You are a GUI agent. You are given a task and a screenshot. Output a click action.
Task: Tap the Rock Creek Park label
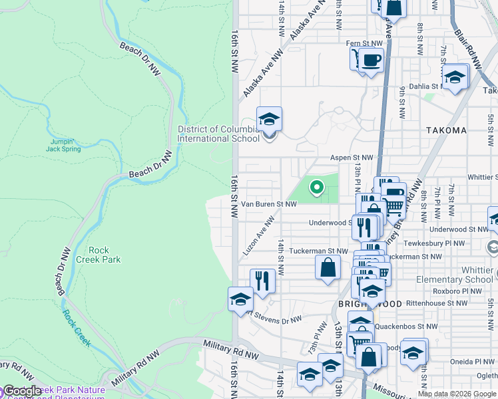pyautogui.click(x=98, y=255)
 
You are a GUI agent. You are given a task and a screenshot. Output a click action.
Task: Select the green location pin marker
pyautogui.click(x=316, y=189)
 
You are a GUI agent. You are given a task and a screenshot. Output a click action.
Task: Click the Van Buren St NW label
pyautogui.click(x=268, y=204)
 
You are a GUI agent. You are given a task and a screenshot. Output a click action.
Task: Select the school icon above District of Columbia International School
pyautogui.click(x=269, y=120)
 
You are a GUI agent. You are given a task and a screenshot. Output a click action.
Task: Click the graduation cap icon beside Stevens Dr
pyautogui.click(x=240, y=299)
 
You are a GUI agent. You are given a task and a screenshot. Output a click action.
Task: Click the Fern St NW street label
pyautogui.click(x=364, y=44)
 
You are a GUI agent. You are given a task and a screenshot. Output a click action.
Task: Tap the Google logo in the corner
pyautogui.click(x=21, y=392)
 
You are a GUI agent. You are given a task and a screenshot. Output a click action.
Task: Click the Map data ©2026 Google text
pyautogui.click(x=457, y=394)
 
